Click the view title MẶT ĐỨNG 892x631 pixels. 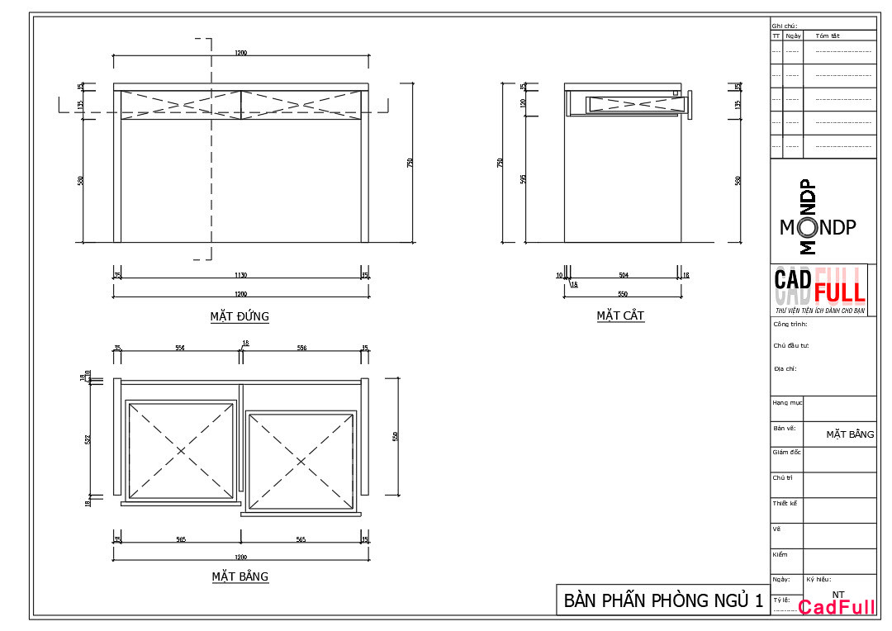240,316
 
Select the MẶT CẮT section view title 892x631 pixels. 620,315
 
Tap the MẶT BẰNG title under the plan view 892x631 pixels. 240,576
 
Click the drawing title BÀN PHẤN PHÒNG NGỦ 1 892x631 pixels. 663,600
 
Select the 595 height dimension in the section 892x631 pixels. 524,178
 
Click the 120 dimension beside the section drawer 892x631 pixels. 524,103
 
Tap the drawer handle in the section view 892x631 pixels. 688,103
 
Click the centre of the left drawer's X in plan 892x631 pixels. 181,451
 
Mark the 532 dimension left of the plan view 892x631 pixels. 88,439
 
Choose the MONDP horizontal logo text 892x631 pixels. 818,228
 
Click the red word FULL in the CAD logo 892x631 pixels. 839,292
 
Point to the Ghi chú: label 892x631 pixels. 784,26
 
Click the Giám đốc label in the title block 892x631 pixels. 786,452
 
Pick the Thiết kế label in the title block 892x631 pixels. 785,502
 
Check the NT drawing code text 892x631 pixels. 838,594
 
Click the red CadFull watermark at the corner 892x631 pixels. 837,609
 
